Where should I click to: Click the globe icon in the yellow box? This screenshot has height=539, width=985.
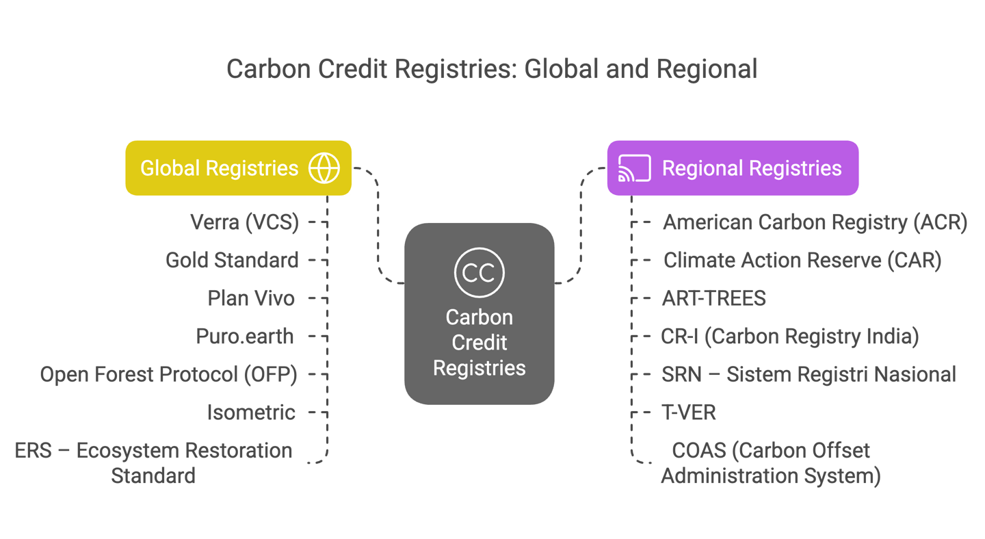[324, 168]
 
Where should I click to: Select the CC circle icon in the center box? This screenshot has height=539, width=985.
[479, 272]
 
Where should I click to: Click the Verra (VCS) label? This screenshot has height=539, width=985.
[245, 222]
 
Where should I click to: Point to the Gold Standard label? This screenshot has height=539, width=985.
[232, 260]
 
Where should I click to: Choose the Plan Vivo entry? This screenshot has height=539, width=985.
[251, 298]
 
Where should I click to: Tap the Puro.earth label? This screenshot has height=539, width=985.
[245, 337]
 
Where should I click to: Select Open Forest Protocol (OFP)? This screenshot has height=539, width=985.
[168, 375]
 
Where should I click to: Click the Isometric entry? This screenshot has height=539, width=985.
[251, 412]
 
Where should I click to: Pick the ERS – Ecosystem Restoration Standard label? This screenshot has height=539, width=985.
[154, 462]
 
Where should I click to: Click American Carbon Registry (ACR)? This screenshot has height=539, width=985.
[815, 222]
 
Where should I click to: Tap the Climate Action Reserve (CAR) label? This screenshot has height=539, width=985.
[802, 260]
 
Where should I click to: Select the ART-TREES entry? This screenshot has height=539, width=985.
[713, 298]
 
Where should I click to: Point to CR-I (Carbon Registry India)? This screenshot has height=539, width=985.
[790, 337]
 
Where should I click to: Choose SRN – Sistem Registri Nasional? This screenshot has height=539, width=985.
[809, 375]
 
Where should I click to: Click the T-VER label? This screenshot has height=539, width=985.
[689, 412]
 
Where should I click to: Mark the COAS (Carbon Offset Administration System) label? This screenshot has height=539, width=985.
[771, 462]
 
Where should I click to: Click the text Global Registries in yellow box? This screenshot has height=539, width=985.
[219, 168]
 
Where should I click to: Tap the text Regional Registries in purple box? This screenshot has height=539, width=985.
[752, 168]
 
